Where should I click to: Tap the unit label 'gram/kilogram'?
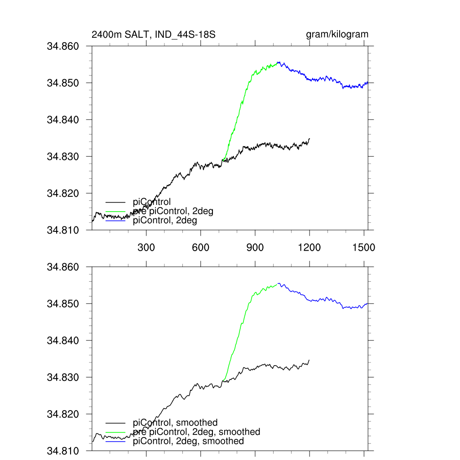click(337, 35)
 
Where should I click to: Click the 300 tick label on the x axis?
click(146, 248)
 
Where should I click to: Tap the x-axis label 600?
click(201, 248)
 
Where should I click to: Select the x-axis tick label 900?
click(255, 248)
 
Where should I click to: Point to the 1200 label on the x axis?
click(310, 248)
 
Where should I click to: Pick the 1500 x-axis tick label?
click(364, 248)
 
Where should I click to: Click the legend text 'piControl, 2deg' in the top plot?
click(165, 221)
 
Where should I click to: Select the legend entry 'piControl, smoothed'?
click(175, 423)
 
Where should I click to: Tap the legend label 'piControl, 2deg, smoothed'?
click(188, 441)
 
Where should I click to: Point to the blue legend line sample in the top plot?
click(115, 221)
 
